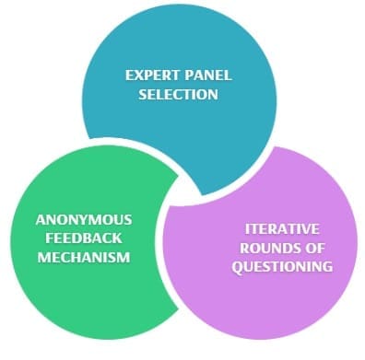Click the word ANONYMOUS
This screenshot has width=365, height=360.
[84, 220]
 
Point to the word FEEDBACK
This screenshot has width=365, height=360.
[84, 238]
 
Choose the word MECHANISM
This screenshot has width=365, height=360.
[84, 256]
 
